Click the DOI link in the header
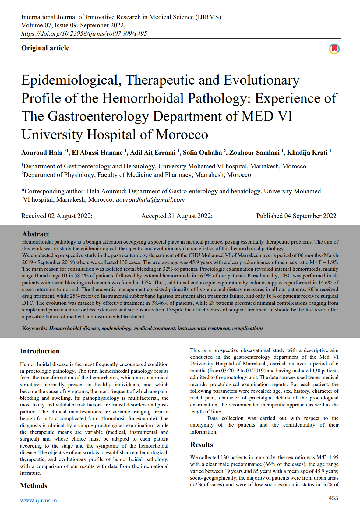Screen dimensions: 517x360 pyautogui.click(x=84, y=33)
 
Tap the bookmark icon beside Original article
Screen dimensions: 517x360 pyautogui.click(x=334, y=49)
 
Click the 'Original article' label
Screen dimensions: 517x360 pyautogui.click(x=45, y=48)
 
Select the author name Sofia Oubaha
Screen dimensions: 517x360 pyautogui.click(x=202, y=153)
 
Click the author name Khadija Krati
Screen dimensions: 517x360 pyautogui.click(x=307, y=153)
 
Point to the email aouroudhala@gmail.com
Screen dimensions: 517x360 pyautogui.click(x=150, y=199)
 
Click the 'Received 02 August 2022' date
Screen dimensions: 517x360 pyautogui.click(x=57, y=216)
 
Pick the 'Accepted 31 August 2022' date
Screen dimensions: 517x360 pyautogui.click(x=177, y=216)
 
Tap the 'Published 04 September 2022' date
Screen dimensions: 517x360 pyautogui.click(x=296, y=216)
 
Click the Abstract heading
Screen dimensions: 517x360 pyautogui.click(x=36, y=234)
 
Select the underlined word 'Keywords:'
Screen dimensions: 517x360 pyautogui.click(x=35, y=328)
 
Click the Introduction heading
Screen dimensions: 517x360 pyautogui.click(x=40, y=351)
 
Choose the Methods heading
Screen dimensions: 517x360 pyautogui.click(x=34, y=486)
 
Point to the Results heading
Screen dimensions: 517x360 pyautogui.click(x=201, y=445)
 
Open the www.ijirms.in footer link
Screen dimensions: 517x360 pyautogui.click(x=38, y=501)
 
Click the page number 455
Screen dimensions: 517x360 pyautogui.click(x=333, y=498)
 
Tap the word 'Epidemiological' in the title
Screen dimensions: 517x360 pyautogui.click(x=69, y=80)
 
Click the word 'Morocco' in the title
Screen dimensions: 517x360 pyautogui.click(x=182, y=135)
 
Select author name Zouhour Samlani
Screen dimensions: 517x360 pyautogui.click(x=254, y=153)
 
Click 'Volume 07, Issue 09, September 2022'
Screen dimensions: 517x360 pyautogui.click(x=73, y=25)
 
